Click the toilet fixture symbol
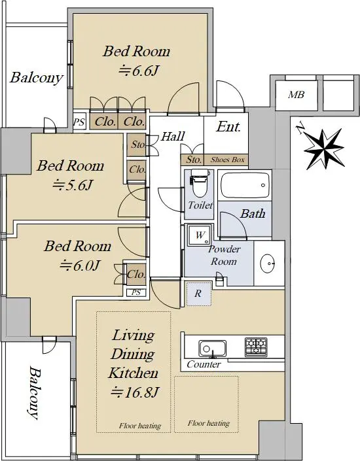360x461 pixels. [x=200, y=183]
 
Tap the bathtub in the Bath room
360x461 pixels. [x=245, y=185]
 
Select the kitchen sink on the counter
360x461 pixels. [x=213, y=349]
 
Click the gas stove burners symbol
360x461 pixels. [x=256, y=347]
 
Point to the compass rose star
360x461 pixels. [x=324, y=149]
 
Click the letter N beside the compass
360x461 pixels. [x=300, y=129]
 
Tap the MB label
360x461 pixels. [x=296, y=95]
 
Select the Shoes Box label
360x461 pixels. [x=228, y=160]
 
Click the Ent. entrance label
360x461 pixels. [x=228, y=127]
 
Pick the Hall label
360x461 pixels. [x=173, y=136]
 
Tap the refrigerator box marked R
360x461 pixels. [x=199, y=294]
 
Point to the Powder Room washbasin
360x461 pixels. [x=268, y=263]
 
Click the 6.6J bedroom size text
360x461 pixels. [x=139, y=71]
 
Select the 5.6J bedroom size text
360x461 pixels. [x=73, y=185]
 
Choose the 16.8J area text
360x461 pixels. [x=135, y=392]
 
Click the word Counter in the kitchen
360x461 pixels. [x=204, y=365]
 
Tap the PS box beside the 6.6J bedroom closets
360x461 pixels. [x=79, y=121]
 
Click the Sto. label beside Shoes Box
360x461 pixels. [x=194, y=160]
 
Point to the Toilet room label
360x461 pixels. [x=200, y=205]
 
